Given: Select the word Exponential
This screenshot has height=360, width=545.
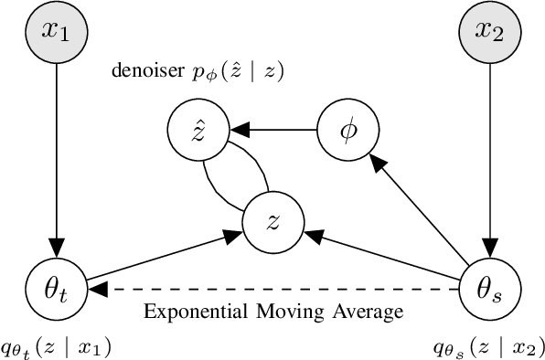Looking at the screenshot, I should click(188, 312).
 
